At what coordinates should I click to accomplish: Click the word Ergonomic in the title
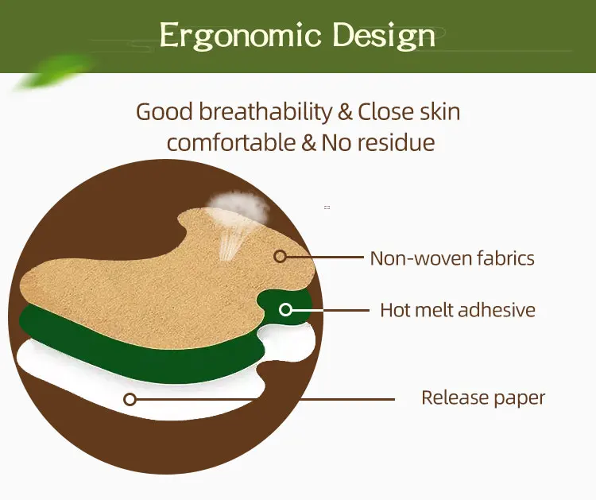coord(239,37)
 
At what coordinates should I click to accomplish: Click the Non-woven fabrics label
coord(452,258)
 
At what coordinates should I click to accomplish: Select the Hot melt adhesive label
coord(458,309)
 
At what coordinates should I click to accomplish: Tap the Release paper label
coord(483,397)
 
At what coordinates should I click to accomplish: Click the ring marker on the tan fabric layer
coord(280,256)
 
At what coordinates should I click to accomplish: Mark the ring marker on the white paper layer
coord(130,399)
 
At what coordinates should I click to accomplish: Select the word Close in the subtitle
coord(385,111)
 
